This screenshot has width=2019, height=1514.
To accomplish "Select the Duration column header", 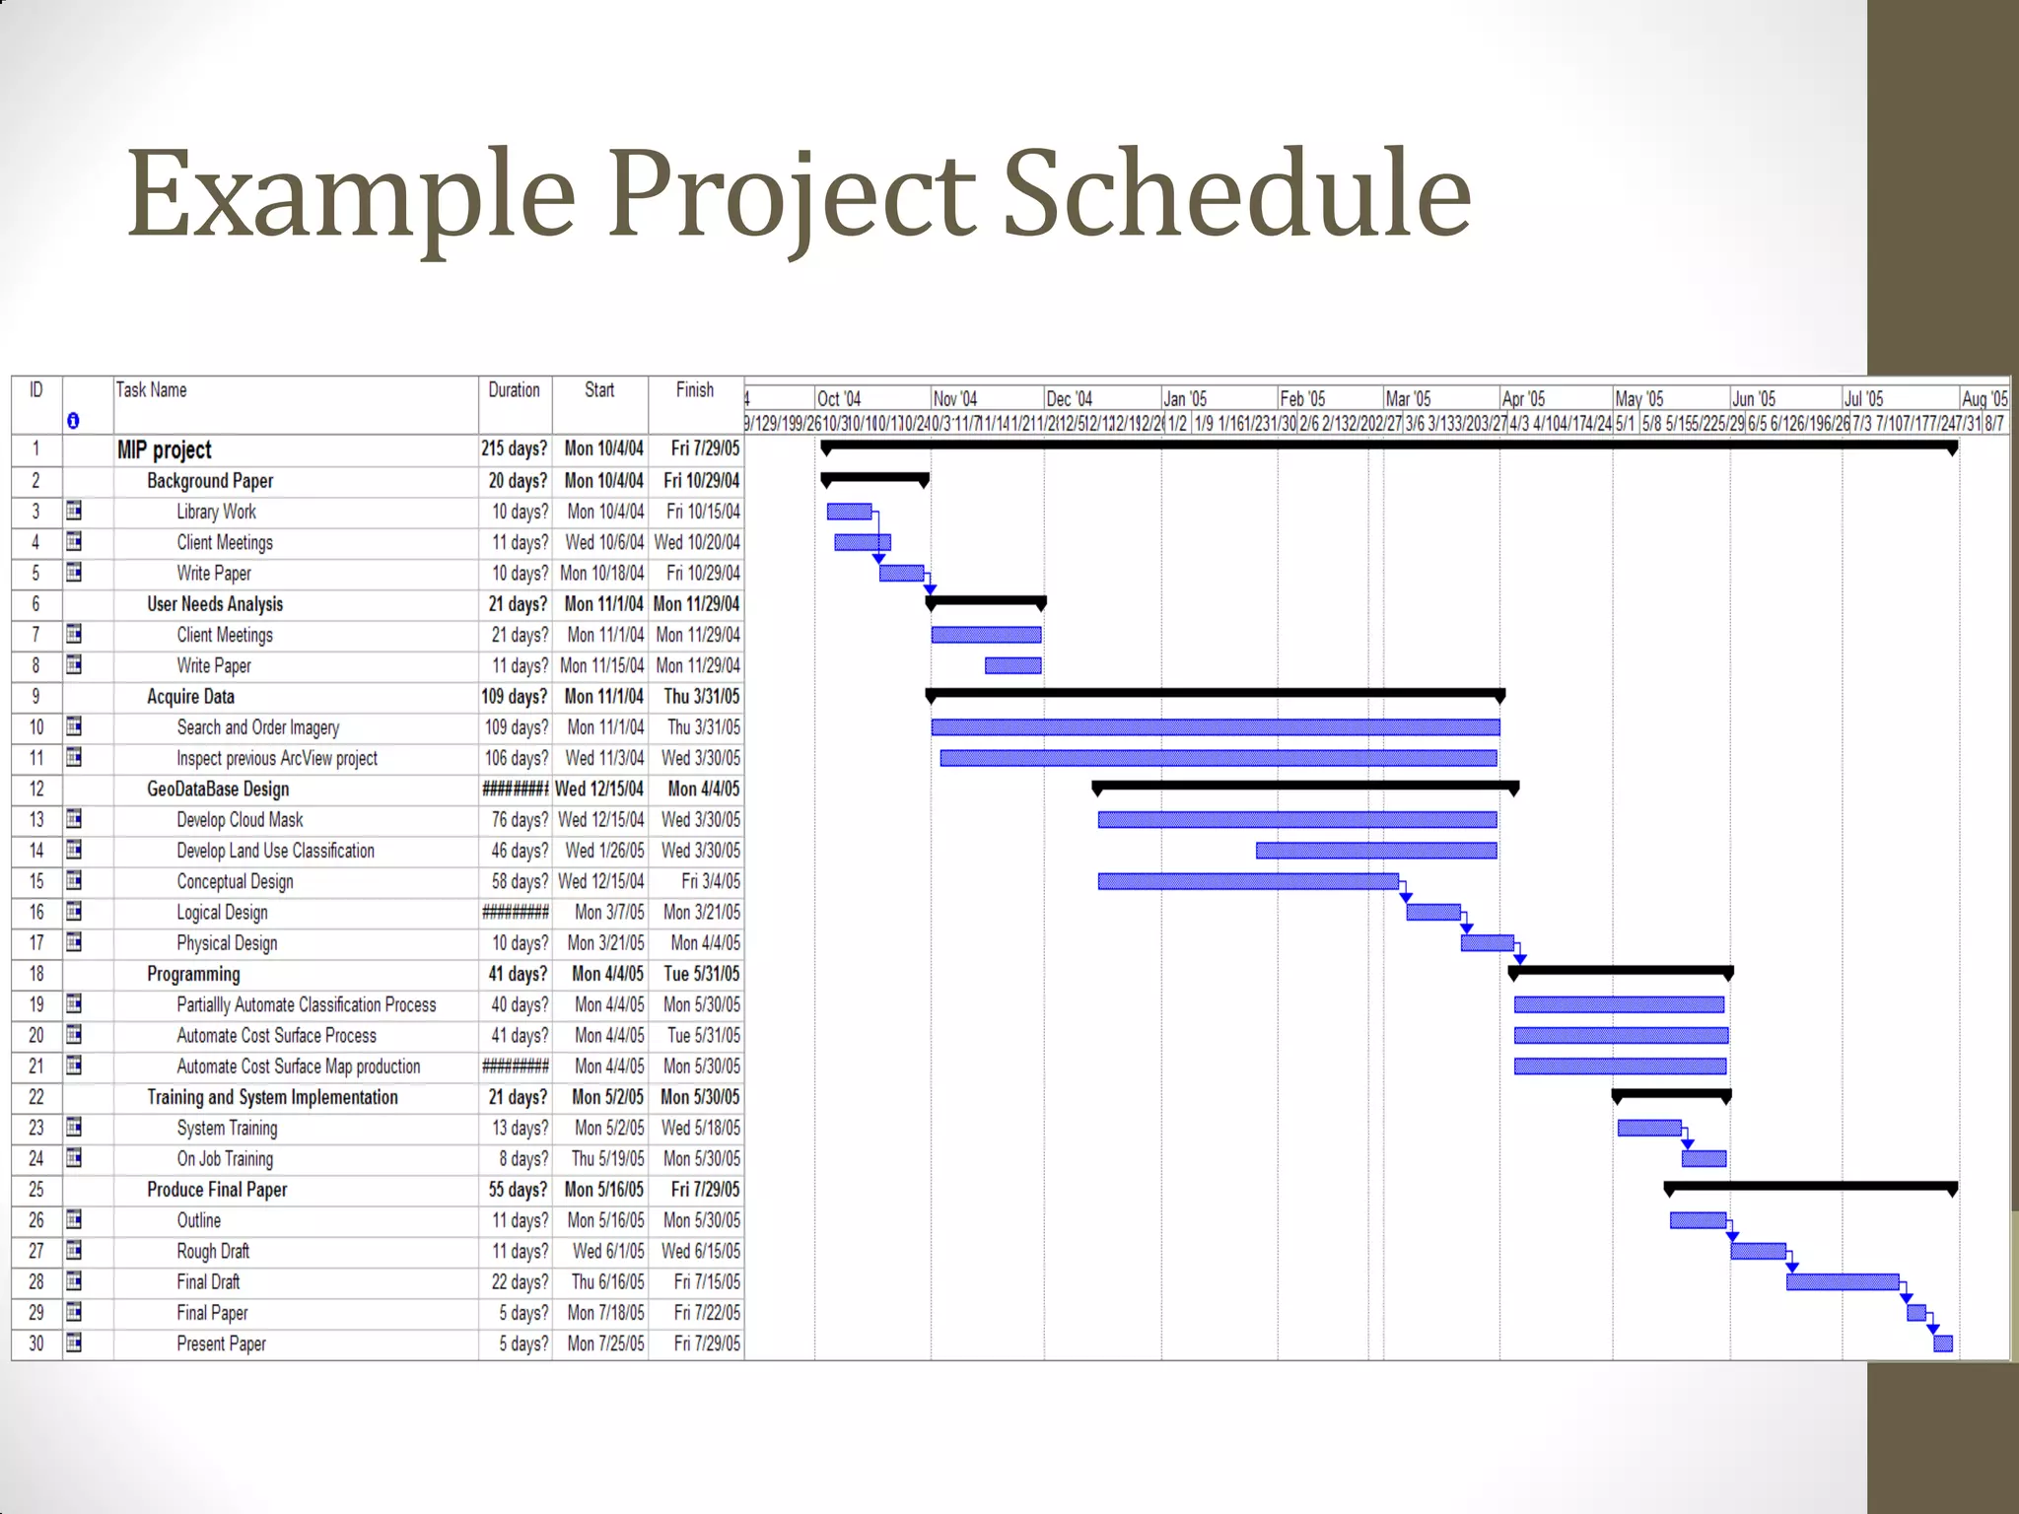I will [514, 390].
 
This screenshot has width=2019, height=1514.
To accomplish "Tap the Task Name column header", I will [151, 390].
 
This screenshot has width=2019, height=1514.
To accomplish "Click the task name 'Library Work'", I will [216, 512].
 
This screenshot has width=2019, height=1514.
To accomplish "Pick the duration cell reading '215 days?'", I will [514, 449].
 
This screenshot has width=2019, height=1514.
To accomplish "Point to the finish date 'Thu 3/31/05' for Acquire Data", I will [701, 697].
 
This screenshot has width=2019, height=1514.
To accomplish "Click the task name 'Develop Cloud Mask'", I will [240, 820].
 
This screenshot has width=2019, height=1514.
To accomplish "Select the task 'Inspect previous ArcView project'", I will [277, 758].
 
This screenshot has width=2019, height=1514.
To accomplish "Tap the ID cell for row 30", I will [36, 1343].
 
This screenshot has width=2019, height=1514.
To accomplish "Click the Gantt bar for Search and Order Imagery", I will [1215, 727].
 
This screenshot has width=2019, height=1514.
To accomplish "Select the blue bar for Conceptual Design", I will [1247, 881].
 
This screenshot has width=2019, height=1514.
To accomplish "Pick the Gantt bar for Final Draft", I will [1842, 1282].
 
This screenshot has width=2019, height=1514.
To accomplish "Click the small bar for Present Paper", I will [1942, 1343].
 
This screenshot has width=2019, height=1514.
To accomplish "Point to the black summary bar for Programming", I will [1620, 971].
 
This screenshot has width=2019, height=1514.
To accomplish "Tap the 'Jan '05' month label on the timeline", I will [1184, 399].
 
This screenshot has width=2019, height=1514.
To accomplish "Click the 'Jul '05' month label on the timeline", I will [1862, 399].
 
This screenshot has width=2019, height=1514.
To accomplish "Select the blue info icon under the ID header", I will [73, 421].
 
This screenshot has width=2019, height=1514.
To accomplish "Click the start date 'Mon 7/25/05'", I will [605, 1343].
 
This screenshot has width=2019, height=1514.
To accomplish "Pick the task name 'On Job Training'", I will [225, 1159].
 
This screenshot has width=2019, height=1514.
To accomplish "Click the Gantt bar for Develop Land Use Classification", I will [1375, 851].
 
